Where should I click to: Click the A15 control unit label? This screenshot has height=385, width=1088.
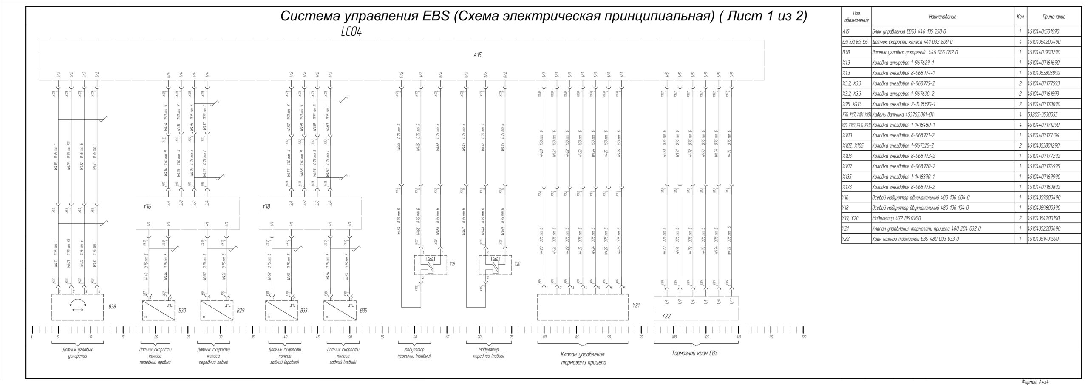tap(477, 55)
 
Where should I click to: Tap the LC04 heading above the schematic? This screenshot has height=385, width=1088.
tap(351, 32)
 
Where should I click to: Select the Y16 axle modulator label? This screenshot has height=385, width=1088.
tap(147, 207)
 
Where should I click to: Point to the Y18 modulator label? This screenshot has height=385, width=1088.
tap(266, 207)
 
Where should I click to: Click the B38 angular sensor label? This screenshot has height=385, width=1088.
tap(112, 306)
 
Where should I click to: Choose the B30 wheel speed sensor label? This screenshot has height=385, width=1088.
tap(182, 311)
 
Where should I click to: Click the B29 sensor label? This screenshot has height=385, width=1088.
tap(241, 311)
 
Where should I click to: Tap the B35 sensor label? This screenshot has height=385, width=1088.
tap(363, 311)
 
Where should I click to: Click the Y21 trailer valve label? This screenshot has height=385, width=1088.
tap(636, 305)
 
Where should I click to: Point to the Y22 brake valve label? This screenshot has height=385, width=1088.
tap(666, 316)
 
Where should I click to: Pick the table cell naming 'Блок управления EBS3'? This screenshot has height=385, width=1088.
tap(901, 31)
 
